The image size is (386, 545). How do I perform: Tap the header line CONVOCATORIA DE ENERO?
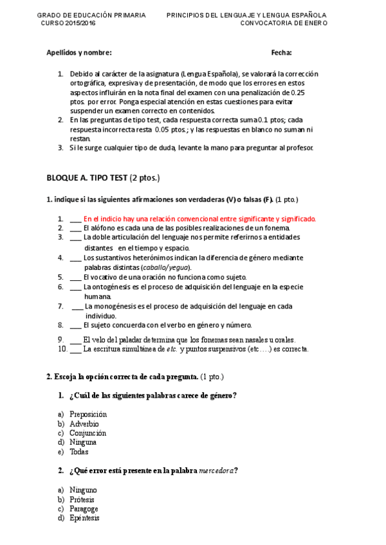pos(283,22)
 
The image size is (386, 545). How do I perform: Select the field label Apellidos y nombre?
pos(79,52)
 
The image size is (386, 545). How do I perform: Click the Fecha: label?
pos(281,52)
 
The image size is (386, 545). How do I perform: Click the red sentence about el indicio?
pos(199,219)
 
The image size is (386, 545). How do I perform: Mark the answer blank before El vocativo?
pos(75,277)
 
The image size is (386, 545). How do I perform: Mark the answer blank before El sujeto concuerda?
pos(75,325)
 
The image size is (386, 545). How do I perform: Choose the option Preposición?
pos(88,415)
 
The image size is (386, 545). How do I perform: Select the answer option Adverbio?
pos(84,424)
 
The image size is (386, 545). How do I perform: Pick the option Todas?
pos(80,452)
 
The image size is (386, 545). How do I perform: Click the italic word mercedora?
pos(216,471)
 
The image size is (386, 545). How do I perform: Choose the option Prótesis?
pos(82,499)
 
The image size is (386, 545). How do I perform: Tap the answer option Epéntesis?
pos(84,518)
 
